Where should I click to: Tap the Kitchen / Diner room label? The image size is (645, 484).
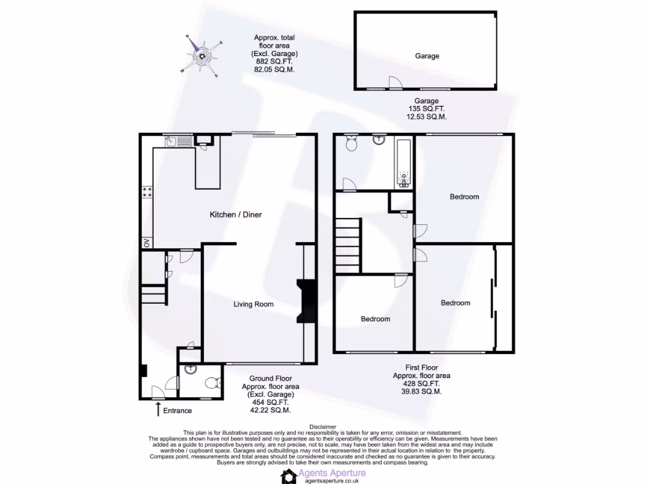click(x=236, y=215)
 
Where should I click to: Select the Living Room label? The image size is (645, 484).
click(x=253, y=304)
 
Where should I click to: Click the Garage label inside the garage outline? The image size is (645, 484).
click(x=426, y=56)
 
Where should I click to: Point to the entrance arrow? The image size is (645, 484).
click(x=157, y=410)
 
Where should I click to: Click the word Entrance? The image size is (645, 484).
click(x=178, y=411)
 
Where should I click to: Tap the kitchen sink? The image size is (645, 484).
click(x=171, y=142)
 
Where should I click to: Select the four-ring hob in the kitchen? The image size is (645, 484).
click(x=147, y=192)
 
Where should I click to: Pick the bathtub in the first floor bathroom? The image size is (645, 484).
click(x=404, y=164)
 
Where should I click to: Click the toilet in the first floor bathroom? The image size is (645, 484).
click(x=351, y=146)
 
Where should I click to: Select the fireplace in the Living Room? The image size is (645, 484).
click(x=307, y=301)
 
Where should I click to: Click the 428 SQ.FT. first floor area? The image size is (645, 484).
click(x=421, y=383)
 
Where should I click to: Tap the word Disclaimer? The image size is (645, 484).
click(x=322, y=427)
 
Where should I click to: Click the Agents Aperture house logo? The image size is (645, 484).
click(x=289, y=476)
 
